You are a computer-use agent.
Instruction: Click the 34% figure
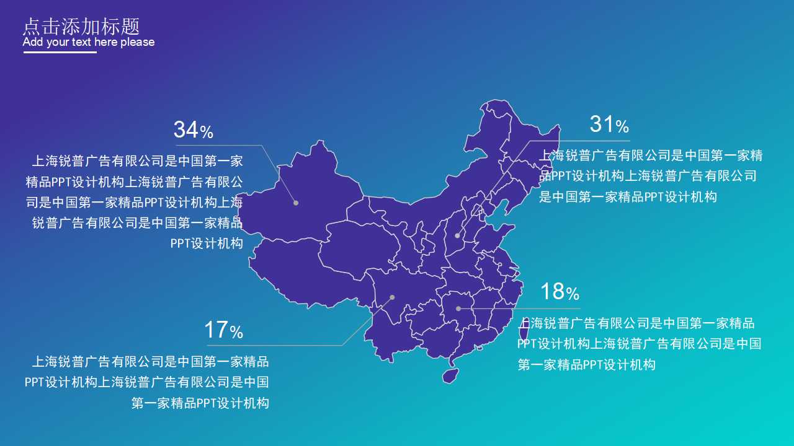193,130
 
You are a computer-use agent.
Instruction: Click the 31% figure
609,125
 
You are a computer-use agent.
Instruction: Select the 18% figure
559,291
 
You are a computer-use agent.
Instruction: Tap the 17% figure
223,330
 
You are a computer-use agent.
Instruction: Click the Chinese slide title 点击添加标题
81,26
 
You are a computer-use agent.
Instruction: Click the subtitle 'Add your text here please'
89,42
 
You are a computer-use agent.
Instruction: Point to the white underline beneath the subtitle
60,53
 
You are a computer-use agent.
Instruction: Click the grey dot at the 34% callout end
296,203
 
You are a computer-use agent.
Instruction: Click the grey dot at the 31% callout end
457,235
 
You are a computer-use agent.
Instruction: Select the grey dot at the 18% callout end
458,308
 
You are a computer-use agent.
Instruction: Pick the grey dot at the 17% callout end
392,297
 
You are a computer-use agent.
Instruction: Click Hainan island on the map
450,375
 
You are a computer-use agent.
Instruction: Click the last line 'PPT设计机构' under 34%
207,243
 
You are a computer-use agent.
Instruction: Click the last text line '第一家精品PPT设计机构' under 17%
200,403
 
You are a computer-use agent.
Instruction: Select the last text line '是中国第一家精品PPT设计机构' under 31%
628,197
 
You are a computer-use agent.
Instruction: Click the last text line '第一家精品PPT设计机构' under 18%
586,364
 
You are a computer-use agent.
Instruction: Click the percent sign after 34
207,132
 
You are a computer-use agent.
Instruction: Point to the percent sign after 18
572,293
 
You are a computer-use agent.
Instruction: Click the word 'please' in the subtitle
138,42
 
